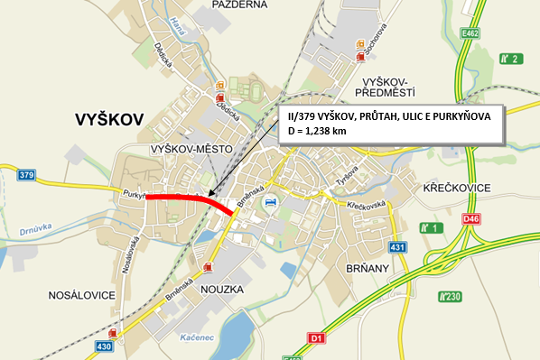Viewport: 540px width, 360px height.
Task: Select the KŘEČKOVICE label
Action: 457,187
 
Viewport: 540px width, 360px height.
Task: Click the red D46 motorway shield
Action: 470,218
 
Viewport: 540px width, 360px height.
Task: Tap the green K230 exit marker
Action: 450,296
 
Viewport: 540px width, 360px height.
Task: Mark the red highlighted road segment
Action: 190,198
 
